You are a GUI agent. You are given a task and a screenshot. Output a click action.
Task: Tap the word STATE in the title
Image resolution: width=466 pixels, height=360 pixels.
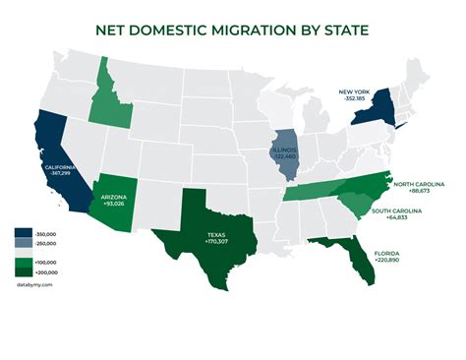[344, 30]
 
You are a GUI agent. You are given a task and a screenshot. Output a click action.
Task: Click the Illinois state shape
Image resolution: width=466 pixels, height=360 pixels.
[284, 152]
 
